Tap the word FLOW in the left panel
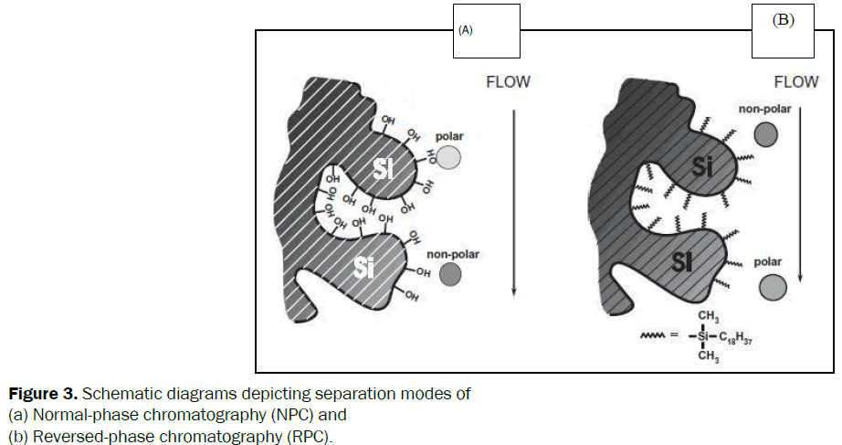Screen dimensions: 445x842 click(x=507, y=82)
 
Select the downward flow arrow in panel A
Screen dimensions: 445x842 click(x=515, y=201)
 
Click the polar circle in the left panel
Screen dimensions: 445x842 click(x=447, y=158)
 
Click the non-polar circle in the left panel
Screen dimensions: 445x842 click(x=448, y=273)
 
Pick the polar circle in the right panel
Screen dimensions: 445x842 click(x=772, y=288)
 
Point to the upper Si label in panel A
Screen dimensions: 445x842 click(x=385, y=167)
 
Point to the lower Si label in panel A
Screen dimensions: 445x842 click(x=364, y=266)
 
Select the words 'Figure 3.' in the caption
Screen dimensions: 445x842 click(x=42, y=396)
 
